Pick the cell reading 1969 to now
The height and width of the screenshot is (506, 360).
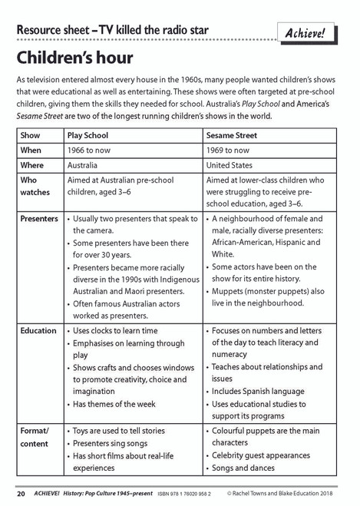point(231,150)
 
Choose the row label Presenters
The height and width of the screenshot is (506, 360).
point(39,219)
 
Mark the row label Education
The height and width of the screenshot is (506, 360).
point(38,330)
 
